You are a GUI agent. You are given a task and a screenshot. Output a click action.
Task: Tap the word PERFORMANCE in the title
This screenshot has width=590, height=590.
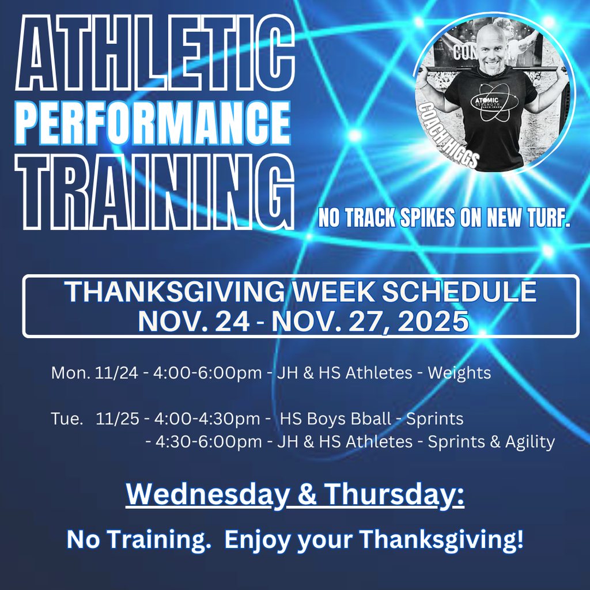pyautogui.click(x=153, y=123)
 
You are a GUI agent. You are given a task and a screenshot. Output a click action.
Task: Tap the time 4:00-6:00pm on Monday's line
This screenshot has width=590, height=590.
pyautogui.click(x=207, y=373)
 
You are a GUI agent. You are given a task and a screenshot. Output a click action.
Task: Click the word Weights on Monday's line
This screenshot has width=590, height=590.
pyautogui.click(x=459, y=373)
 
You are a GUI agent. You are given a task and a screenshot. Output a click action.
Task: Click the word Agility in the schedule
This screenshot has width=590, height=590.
pyautogui.click(x=530, y=442)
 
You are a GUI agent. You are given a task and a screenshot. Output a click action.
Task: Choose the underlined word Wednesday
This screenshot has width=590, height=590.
pyautogui.click(x=205, y=495)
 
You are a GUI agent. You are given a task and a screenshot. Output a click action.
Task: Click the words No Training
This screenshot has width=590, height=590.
pyautogui.click(x=138, y=540)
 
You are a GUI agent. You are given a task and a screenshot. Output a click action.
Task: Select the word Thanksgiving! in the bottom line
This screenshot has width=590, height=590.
pyautogui.click(x=442, y=540)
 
